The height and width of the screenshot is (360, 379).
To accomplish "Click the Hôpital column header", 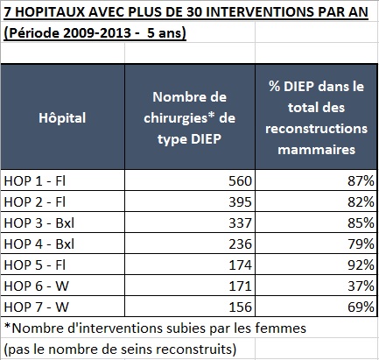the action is (x=62, y=118).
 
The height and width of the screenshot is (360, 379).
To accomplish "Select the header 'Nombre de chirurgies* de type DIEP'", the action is (x=189, y=118).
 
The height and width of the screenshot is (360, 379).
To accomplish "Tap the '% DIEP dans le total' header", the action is (x=316, y=118).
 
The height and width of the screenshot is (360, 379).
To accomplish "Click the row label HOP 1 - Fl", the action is (x=35, y=181).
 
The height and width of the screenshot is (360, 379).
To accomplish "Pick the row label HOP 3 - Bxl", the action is (x=39, y=223).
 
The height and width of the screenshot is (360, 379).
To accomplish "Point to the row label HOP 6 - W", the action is (x=37, y=286).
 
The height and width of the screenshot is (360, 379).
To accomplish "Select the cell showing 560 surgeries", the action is (x=240, y=181).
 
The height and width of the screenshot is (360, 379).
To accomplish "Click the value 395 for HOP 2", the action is (x=240, y=202).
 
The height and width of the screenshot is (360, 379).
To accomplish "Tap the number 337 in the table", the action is (x=240, y=223).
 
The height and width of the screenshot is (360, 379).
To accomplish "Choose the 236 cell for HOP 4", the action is (x=240, y=244).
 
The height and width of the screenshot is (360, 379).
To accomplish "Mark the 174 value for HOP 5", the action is (x=240, y=265).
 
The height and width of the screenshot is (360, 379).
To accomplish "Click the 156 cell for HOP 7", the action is (x=240, y=307).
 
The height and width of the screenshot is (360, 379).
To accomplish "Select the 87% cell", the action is (x=361, y=181).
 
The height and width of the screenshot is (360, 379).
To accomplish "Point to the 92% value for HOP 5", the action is (x=361, y=265).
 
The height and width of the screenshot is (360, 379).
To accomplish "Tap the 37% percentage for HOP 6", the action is (x=361, y=286).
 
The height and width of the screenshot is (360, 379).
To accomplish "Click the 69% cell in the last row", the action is (x=361, y=307).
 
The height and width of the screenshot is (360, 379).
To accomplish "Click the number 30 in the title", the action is (x=196, y=12).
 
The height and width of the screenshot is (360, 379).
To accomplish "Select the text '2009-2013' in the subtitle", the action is (x=97, y=32).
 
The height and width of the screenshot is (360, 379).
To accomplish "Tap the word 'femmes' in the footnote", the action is (x=281, y=328).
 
